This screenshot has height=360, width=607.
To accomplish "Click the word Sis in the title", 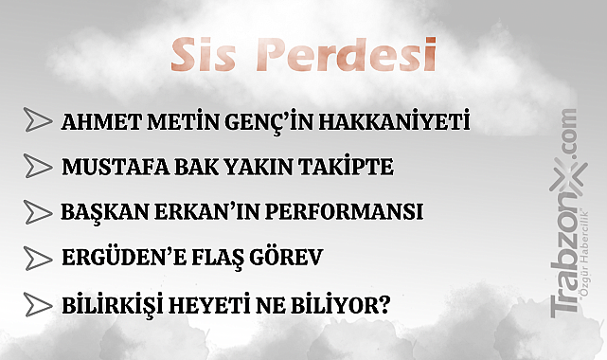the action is point(203,55).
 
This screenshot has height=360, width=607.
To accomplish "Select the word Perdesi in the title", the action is point(346,55).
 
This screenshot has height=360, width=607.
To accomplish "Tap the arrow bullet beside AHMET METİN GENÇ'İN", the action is point(38,120).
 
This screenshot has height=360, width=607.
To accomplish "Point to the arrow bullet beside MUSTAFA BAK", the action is point(38,166).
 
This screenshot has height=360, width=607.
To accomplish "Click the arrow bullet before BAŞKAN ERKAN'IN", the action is point(38,211).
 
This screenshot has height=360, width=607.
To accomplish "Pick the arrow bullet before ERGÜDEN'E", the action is point(38,258).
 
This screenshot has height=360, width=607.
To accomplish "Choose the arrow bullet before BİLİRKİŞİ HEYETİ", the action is point(38,304).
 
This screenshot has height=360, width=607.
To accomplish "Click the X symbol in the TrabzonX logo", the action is point(568,176).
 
